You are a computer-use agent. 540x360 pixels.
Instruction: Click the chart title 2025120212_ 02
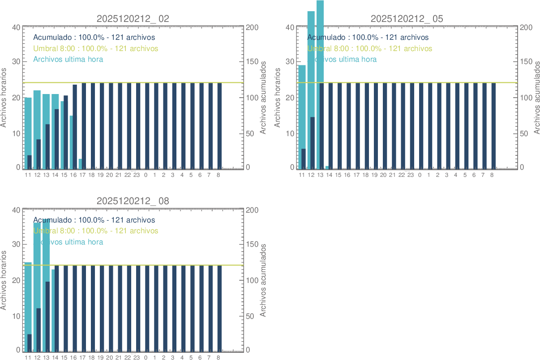(x=133, y=19)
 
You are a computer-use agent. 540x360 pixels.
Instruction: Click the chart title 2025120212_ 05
(x=407, y=19)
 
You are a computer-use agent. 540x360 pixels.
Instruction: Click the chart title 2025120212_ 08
(x=133, y=201)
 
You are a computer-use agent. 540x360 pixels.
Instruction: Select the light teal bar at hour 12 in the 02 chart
(x=36, y=116)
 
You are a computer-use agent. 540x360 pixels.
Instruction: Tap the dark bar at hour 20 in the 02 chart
(x=111, y=125)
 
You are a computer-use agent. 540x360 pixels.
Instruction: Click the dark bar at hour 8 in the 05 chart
(x=493, y=125)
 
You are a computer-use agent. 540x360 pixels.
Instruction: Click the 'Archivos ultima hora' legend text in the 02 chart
(x=68, y=59)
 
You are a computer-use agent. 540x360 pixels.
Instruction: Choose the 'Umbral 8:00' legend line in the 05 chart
(x=369, y=48)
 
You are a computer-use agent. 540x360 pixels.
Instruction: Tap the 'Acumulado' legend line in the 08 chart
(x=94, y=220)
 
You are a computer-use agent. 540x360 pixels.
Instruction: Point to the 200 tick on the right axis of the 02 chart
(x=253, y=27)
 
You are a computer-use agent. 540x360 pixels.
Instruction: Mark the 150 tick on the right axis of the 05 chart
(x=527, y=62)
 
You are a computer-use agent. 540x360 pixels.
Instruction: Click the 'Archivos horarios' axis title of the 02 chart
(x=4, y=98)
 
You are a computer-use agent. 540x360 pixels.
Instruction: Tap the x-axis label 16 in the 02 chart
(x=73, y=175)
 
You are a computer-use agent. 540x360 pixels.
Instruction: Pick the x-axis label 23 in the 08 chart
(x=137, y=358)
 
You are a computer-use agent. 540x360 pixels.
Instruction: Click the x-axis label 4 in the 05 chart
(x=455, y=175)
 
